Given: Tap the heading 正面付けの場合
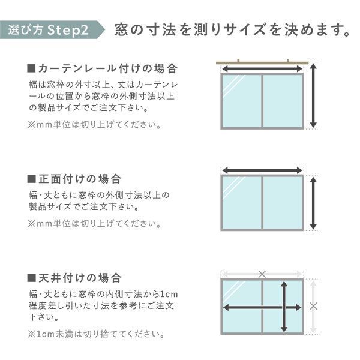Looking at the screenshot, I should (x=74, y=179).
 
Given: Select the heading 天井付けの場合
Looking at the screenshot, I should (x=74, y=278).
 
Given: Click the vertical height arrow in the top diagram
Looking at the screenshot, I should (x=313, y=97).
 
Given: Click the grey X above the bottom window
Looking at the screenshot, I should (x=262, y=274).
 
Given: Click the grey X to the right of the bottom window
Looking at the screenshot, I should (x=313, y=306).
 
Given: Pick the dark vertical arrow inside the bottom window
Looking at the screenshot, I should (x=283, y=307).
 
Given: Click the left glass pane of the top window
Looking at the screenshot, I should (x=242, y=100).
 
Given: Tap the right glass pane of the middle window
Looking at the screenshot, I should (x=282, y=202).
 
